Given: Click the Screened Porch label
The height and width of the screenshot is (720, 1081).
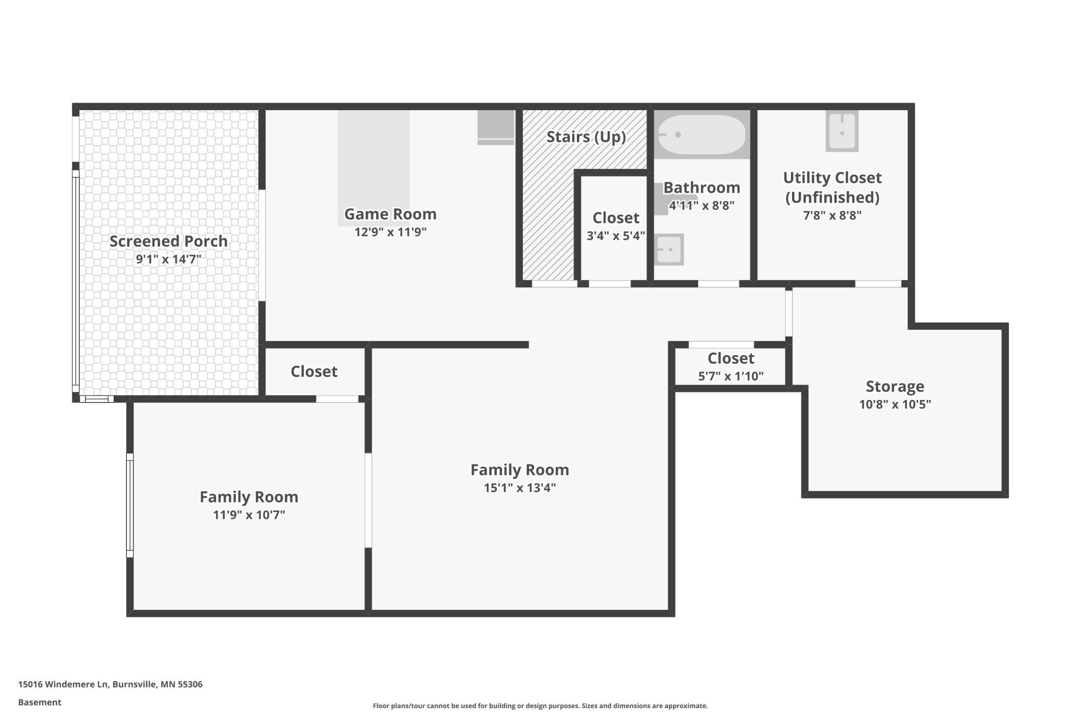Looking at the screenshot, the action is coord(168,241).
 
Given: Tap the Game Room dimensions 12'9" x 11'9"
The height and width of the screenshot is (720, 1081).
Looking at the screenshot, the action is coord(390,232).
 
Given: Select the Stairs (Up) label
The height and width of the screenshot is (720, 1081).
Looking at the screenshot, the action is coord(586,137).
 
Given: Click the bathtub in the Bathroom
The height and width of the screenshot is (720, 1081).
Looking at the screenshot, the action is coord(702,135).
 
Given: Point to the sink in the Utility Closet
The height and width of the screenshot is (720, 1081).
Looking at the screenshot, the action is coord(842,131).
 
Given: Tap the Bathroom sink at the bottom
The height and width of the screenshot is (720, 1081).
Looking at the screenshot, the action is coord(669,249).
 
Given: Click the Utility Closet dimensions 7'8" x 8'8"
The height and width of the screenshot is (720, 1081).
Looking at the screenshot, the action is coord(832,215).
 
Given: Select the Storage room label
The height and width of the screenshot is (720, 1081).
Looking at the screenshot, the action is coord(895,386).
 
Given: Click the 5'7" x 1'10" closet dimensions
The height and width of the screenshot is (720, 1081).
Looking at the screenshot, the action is coord(731,376).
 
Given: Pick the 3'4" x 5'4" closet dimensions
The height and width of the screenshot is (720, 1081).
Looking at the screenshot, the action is coord(616,236).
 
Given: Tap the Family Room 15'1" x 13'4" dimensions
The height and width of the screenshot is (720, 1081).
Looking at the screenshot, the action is coord(520,488).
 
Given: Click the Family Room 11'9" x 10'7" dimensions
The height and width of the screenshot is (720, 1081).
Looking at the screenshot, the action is coord(249,515).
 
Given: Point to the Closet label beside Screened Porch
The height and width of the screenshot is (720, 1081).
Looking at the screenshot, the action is coord(314,371).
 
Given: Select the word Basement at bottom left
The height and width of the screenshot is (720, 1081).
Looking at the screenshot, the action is coord(39,702).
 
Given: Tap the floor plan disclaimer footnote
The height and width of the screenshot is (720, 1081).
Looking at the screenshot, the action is coord(540,705).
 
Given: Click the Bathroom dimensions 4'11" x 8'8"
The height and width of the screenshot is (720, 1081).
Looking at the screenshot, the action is coord(702,205).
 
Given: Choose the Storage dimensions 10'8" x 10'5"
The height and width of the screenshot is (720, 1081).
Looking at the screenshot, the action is coord(895,404).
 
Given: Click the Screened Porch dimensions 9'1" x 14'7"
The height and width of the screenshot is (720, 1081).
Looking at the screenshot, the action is coord(168,259).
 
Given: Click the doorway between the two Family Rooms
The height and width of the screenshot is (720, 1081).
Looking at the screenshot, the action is coord(368,500).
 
